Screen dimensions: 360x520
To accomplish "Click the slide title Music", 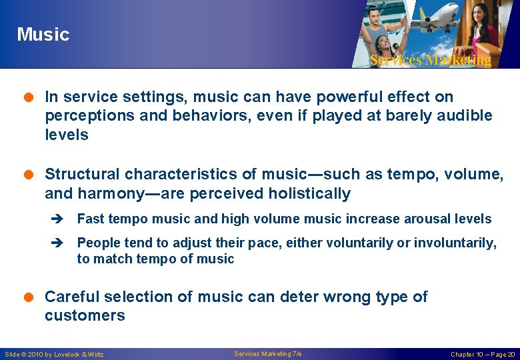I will tap(43, 34).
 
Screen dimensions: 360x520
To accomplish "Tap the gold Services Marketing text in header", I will tap(430, 60).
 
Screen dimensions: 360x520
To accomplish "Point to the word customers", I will tap(85, 315).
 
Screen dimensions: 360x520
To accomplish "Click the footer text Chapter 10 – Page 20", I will tap(482, 354).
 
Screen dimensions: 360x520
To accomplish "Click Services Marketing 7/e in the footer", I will tap(268, 353).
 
